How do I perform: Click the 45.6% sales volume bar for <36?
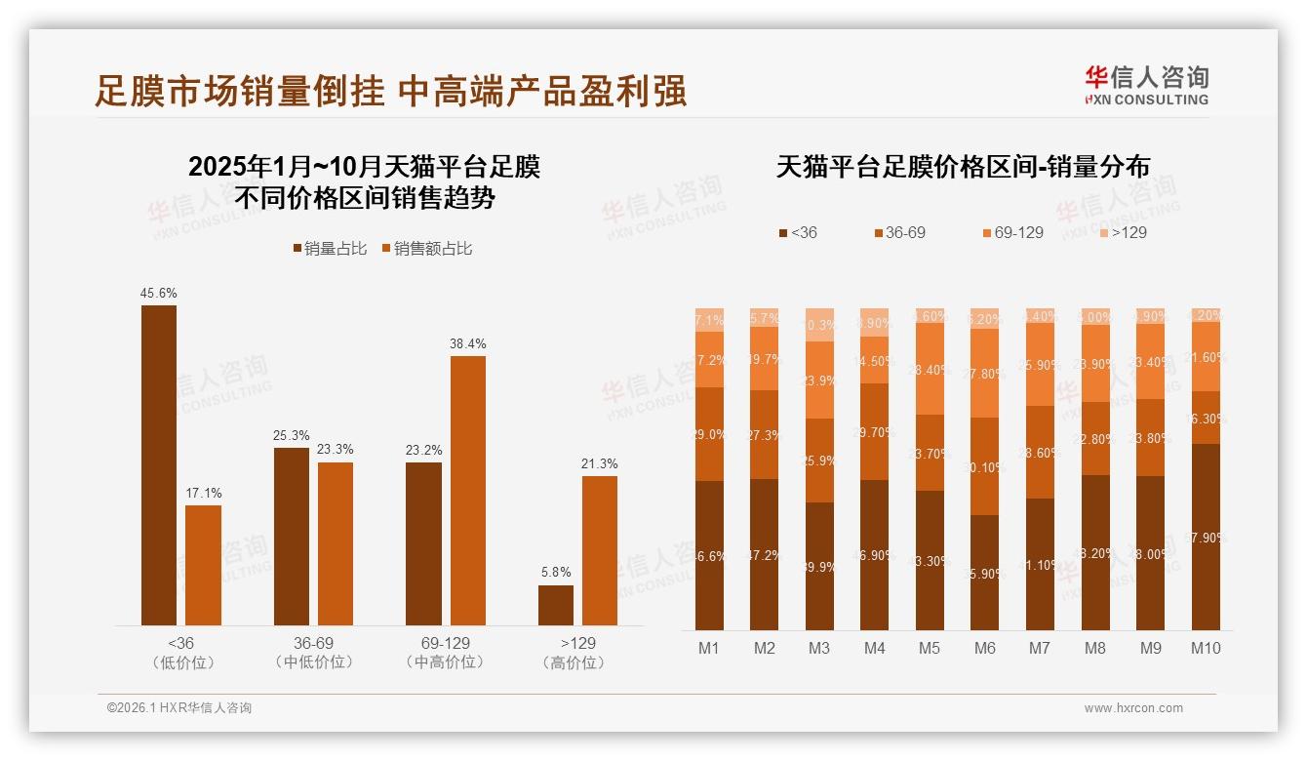[x=159, y=464]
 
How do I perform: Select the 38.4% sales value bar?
[x=467, y=490]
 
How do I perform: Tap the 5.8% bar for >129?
[x=556, y=605]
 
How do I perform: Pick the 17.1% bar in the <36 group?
[x=203, y=565]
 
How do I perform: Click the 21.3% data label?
[x=600, y=463]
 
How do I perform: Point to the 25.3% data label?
[x=292, y=435]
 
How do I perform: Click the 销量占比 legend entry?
[x=330, y=249]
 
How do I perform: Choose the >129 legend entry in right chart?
[x=1123, y=232]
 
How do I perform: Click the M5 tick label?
[x=930, y=648]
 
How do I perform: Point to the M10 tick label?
[x=1206, y=648]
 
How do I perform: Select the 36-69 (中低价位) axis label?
[x=313, y=653]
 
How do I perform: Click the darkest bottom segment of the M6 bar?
[x=985, y=573]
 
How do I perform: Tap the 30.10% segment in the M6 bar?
[x=985, y=466]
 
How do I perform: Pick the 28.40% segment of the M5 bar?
[x=931, y=369]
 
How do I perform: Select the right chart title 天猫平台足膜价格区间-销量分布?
[x=963, y=167]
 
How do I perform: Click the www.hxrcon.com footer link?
[x=1133, y=708]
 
